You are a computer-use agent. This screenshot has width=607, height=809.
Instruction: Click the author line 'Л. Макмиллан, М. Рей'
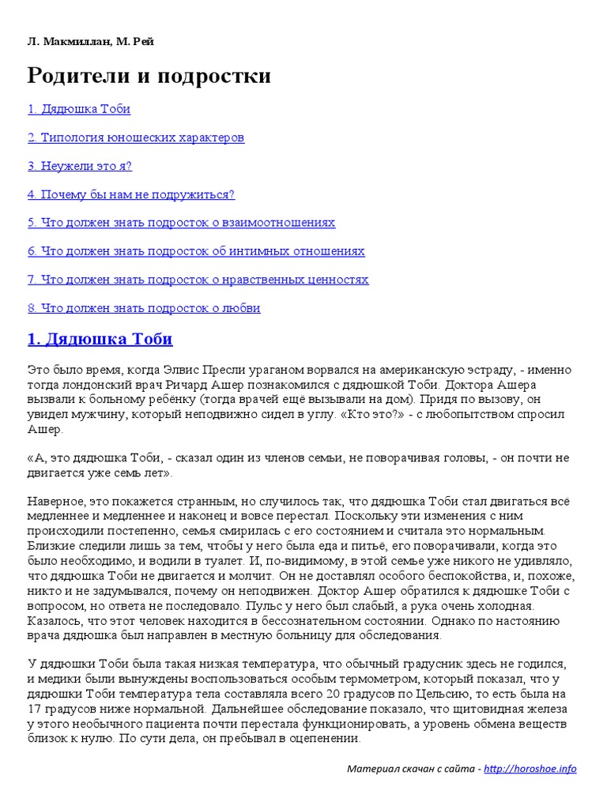91,41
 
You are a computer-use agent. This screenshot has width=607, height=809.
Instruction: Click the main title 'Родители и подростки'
149,76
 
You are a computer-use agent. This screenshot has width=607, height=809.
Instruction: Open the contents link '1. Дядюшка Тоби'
79,109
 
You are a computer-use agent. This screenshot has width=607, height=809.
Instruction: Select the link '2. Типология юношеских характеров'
136,137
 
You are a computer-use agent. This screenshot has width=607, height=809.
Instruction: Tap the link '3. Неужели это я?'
80,166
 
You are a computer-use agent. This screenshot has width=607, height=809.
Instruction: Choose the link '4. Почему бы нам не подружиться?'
131,194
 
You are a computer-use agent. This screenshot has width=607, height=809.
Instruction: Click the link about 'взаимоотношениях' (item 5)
181,223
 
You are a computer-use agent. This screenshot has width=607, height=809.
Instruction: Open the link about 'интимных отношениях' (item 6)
196,251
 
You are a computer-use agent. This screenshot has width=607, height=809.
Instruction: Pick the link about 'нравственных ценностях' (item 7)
198,280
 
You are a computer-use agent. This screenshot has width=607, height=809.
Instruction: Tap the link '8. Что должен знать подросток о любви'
144,308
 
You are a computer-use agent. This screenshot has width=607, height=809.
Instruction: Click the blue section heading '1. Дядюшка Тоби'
100,339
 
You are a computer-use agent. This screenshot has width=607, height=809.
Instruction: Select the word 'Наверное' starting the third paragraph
53,502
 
